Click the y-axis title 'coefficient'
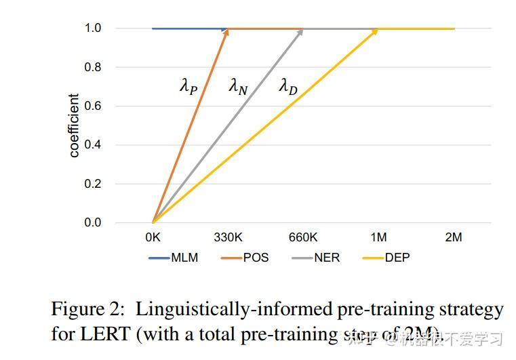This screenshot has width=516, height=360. tap(74, 125)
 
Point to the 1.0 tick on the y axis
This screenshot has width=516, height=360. tap(92, 28)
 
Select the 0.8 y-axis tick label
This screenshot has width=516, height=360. tap(92, 67)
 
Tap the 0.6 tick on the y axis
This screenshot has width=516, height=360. tap(92, 106)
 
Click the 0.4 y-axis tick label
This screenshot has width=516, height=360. tap(92, 145)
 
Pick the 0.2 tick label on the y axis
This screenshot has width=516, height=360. tap(92, 184)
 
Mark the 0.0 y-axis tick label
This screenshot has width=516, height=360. tap(92, 222)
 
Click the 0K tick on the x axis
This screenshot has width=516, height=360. tap(153, 237)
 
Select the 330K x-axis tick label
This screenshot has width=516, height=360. tap(228, 237)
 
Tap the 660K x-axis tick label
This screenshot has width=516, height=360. tap(303, 237)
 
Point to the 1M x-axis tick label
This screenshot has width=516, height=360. tap(378, 237)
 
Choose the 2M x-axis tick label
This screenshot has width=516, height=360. tap(454, 237)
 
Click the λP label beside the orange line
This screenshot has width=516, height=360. tap(188, 87)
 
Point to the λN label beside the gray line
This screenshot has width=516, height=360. tap(238, 87)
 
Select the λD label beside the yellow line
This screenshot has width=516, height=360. tap(288, 87)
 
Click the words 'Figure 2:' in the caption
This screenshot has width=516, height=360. tap(87, 310)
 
